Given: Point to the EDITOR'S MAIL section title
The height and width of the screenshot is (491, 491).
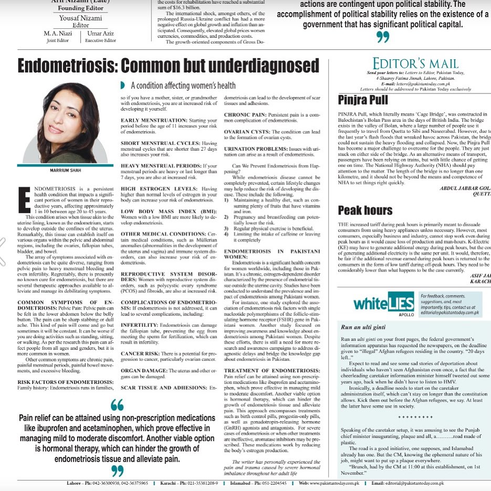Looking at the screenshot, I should (416, 63).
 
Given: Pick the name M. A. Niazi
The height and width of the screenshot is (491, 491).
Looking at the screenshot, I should (58, 34).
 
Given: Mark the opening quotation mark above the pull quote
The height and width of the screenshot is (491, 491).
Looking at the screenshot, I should (118, 405).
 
